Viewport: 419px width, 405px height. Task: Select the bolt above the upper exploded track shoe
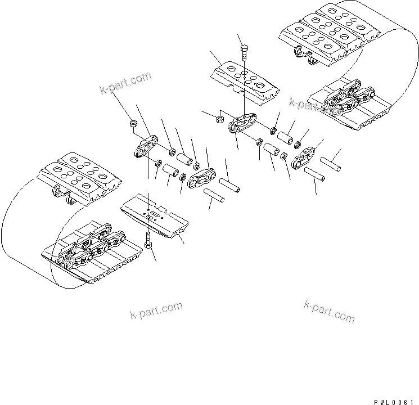pos(243,53)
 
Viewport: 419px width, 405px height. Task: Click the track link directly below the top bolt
pos(242,124)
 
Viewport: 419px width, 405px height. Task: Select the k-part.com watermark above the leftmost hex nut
pos(126,83)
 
